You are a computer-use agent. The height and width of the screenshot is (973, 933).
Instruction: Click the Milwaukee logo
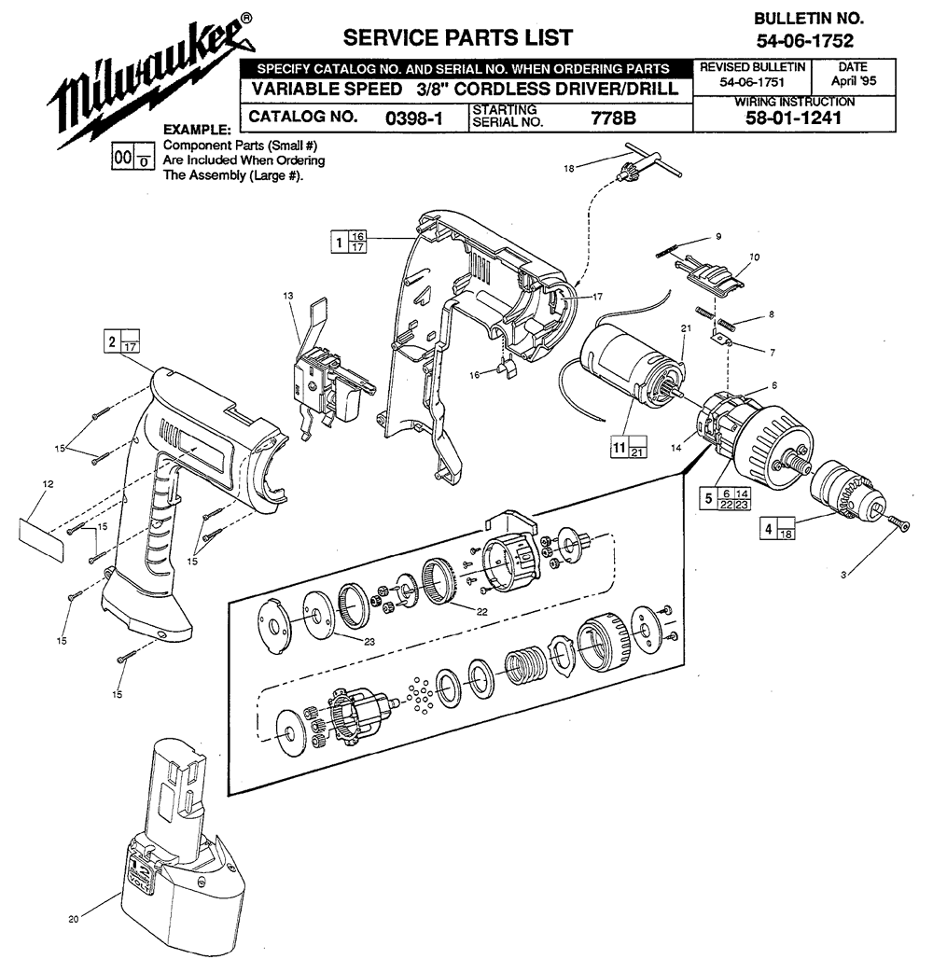tap(152, 80)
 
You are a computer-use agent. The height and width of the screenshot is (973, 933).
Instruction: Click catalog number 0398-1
tap(414, 118)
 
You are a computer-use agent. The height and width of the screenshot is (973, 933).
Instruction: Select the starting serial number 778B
tap(613, 118)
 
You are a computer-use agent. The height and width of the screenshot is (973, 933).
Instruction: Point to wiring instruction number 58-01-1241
tap(793, 118)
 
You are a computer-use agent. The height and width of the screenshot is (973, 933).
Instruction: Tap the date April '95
tap(854, 80)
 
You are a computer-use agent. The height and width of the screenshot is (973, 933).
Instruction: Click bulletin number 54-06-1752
tap(804, 41)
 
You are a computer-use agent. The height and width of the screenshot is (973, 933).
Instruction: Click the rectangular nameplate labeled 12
tap(42, 540)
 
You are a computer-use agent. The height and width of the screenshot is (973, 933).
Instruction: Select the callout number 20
tap(74, 919)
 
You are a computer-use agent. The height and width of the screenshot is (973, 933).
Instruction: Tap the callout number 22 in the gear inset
tap(481, 612)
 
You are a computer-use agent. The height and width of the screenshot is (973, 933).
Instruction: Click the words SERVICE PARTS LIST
tap(458, 38)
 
